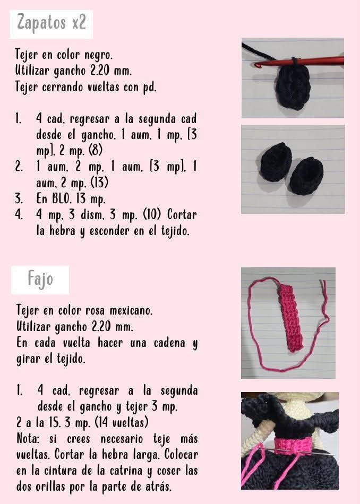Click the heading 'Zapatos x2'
[x=51, y=24]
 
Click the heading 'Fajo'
[x=40, y=279]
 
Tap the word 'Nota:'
[x=30, y=439]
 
